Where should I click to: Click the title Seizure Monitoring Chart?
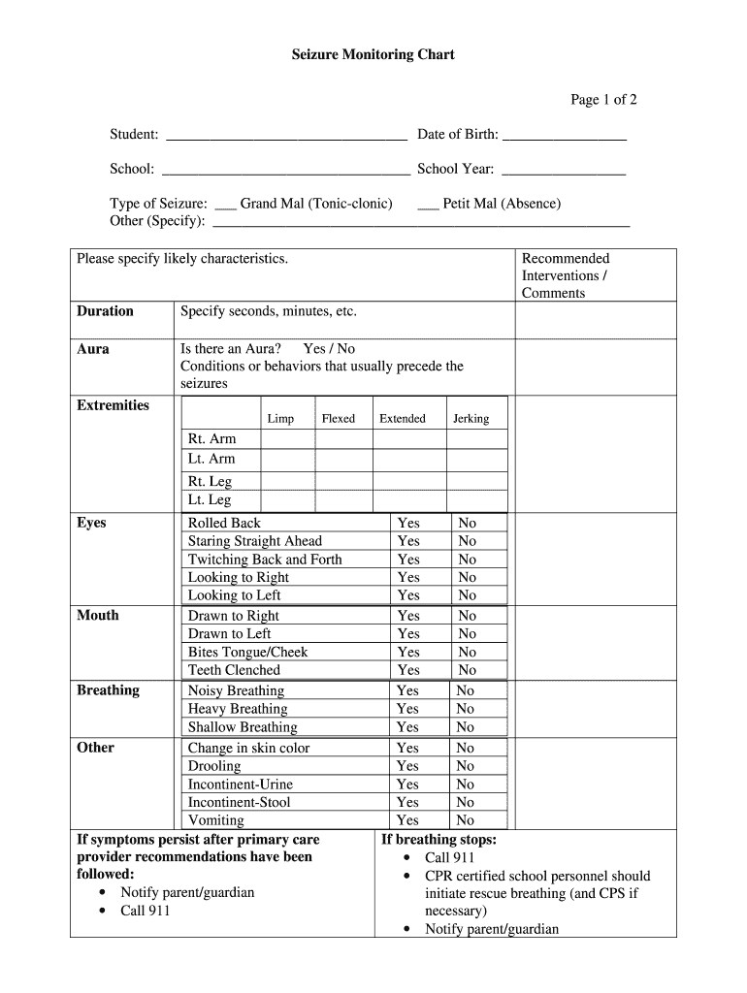373,55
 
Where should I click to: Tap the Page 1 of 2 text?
603,100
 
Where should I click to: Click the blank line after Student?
284,136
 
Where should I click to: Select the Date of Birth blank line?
564,136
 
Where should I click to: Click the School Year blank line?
564,171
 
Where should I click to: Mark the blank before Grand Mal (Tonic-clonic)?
225,205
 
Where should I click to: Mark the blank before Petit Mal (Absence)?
428,205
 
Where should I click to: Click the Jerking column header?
471,419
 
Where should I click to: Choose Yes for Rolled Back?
408,523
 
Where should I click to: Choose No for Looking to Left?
468,595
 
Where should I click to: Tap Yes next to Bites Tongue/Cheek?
408,653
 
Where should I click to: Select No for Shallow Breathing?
466,727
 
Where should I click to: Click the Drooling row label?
214,766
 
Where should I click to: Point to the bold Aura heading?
93,349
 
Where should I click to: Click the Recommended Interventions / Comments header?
566,275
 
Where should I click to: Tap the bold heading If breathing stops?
438,840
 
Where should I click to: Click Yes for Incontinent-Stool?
408,802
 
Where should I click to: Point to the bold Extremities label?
113,405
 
